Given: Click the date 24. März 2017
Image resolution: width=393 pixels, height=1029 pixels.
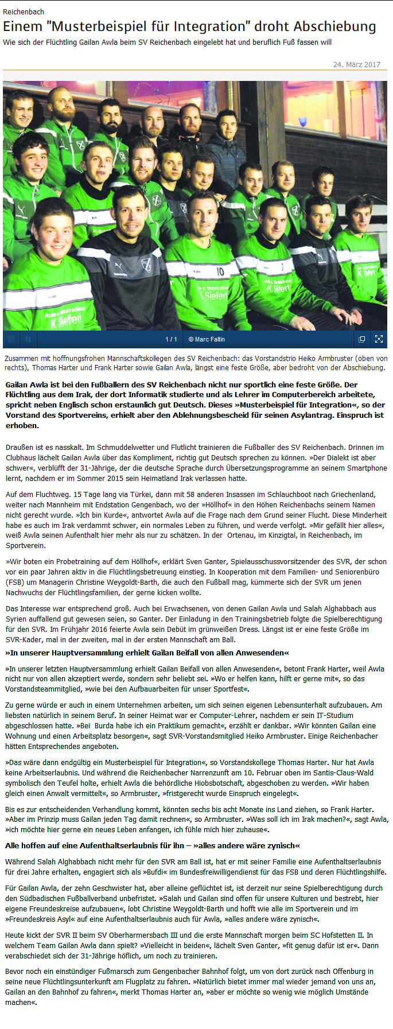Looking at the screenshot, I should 356,64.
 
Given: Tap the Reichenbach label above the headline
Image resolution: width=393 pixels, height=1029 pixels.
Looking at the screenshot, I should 24,11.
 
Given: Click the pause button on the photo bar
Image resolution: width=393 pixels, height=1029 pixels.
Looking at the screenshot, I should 28,339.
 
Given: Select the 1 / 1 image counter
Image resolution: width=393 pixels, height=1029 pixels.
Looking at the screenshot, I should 171,339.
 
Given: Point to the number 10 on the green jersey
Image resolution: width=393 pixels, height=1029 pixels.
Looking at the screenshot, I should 220,271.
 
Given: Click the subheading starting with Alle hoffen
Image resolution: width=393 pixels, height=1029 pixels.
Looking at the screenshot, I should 152,845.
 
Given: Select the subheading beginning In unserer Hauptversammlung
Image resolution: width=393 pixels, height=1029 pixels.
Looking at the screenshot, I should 147,653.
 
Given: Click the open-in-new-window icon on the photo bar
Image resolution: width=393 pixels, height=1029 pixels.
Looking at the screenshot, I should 361,339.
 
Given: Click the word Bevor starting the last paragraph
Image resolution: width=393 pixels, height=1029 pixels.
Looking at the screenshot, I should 15,971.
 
